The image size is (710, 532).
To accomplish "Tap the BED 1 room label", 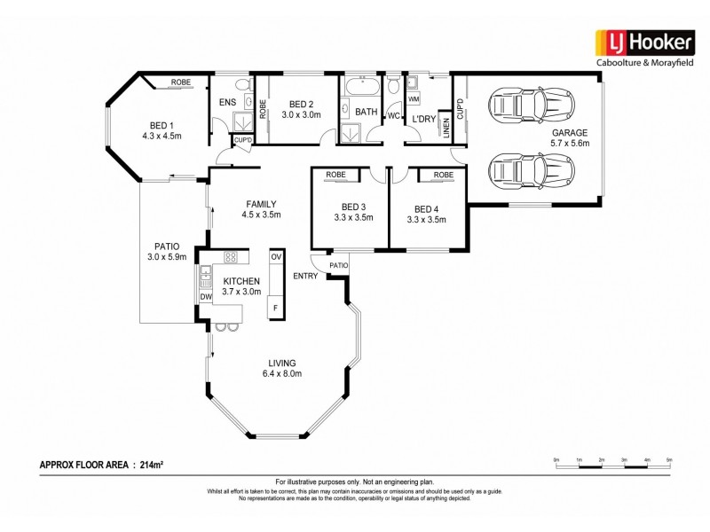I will [161, 125].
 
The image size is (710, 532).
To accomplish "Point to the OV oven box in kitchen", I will [276, 256].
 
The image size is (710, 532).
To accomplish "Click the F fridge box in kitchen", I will [276, 308].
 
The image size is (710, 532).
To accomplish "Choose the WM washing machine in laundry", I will [414, 99].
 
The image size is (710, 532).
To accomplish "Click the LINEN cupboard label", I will [446, 129].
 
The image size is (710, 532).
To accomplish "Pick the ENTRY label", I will [306, 277].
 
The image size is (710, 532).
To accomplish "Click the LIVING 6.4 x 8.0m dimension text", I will [283, 374].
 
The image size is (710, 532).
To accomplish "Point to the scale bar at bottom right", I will [612, 464].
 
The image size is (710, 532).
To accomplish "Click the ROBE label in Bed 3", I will [335, 176].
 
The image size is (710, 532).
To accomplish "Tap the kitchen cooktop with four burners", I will [232, 257].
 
